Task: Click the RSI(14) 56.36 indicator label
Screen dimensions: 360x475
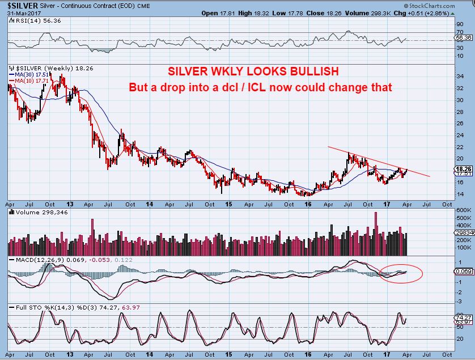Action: tap(29, 20)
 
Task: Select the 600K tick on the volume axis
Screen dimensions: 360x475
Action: tap(463, 210)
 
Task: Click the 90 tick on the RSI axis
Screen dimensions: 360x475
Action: tap(460, 24)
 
